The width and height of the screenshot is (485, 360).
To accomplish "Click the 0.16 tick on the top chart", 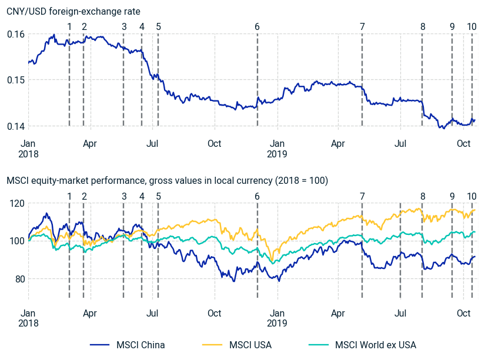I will [16, 34].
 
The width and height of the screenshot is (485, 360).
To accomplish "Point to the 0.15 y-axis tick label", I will [16, 80].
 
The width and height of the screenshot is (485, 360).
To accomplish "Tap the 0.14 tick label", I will [16, 126].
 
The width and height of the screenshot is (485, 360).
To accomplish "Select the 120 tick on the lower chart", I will [17, 203].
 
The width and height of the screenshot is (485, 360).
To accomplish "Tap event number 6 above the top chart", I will [257, 26].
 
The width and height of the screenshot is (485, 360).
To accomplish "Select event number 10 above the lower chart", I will [471, 196].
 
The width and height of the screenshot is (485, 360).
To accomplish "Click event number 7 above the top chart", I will [362, 26].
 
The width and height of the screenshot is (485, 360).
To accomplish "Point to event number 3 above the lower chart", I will [123, 196].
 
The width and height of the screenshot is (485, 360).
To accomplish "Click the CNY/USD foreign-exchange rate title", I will [73, 11].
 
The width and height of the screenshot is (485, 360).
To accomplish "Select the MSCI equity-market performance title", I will [167, 180].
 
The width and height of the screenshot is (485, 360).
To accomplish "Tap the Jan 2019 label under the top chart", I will [277, 148].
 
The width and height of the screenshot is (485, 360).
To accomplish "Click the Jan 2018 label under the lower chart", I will [28, 318].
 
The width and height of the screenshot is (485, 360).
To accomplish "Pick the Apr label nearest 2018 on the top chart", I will [90, 143].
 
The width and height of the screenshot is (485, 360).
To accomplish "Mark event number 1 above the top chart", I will [69, 26].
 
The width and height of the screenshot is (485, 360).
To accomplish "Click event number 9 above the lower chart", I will [452, 196].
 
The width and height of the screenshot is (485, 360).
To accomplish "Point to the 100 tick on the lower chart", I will [17, 241].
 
